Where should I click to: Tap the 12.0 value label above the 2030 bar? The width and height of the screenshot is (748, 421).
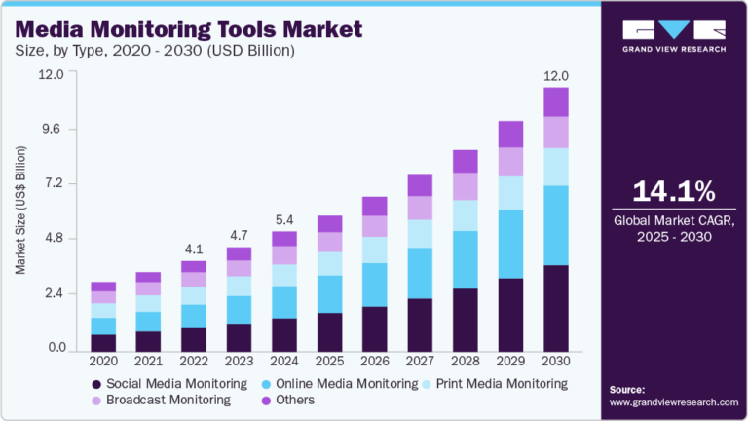pyautogui.click(x=555, y=74)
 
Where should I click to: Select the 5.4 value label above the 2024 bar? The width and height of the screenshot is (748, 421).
pyautogui.click(x=283, y=218)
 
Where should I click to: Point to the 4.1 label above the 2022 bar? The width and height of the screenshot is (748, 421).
pyautogui.click(x=193, y=248)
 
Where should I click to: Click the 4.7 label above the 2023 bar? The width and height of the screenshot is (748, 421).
pyautogui.click(x=239, y=234)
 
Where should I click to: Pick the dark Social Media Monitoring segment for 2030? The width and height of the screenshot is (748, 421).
pyautogui.click(x=555, y=308)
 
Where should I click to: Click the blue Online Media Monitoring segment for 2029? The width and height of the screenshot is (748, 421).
pyautogui.click(x=510, y=244)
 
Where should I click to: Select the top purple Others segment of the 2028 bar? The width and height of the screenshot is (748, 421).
pyautogui.click(x=465, y=162)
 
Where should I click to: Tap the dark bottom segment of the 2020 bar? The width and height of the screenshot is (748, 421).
pyautogui.click(x=103, y=342)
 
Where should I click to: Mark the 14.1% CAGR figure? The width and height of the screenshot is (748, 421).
pyautogui.click(x=661, y=188)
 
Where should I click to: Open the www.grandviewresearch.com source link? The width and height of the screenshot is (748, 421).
pyautogui.click(x=673, y=402)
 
